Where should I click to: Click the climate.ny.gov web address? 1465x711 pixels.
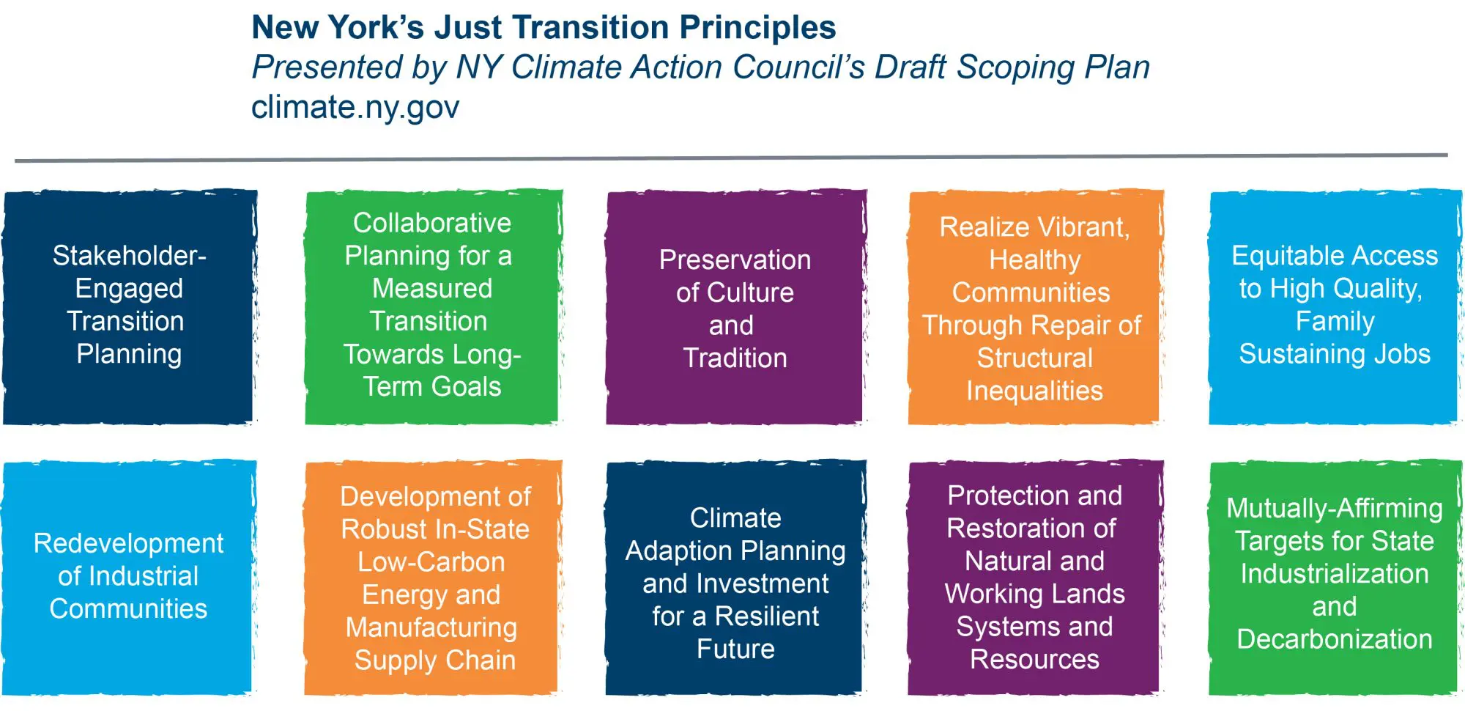coord(355,108)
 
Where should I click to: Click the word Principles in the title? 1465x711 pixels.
coord(757,28)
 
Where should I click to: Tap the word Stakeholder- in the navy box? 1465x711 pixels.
coord(129,256)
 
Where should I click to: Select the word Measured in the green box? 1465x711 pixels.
coord(432,288)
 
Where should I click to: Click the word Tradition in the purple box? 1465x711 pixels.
coord(735,358)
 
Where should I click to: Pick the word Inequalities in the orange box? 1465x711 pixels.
coord(1034,391)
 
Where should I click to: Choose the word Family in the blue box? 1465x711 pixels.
coord(1335,321)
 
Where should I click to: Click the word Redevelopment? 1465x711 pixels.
coord(128,543)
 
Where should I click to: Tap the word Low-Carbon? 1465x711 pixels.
coord(431,561)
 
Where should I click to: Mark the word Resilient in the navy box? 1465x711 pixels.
coord(766,616)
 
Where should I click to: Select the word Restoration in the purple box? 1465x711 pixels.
coord(1031,528)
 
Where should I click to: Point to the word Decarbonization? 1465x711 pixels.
coord(1335,639)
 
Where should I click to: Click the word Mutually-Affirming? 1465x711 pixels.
coord(1335,508)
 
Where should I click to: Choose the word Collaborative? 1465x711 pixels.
coord(432,223)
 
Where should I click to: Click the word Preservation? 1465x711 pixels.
coord(735,259)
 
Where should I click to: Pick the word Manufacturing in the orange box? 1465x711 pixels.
coord(431,627)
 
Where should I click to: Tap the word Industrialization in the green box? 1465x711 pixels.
coord(1335,574)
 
